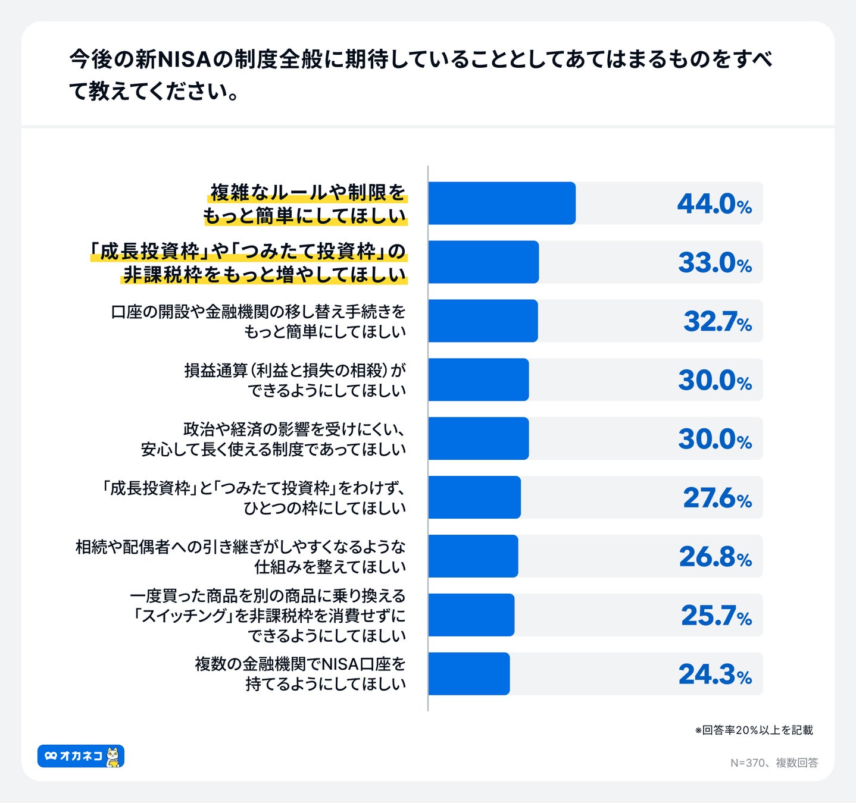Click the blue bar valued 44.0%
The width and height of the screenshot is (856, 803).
502,203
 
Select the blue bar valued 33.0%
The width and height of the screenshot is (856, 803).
483,262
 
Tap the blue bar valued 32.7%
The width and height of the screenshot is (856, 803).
483,321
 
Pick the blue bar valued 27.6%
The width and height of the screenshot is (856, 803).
474,497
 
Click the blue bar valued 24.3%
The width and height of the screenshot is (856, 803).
469,674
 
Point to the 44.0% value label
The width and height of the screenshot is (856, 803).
714,203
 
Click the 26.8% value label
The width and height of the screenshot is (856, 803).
715,557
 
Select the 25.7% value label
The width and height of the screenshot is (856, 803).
716,616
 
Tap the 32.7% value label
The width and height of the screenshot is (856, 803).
717,321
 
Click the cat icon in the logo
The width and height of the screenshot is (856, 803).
113,757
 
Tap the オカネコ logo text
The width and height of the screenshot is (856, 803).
81,756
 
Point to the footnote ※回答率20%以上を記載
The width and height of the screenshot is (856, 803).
754,730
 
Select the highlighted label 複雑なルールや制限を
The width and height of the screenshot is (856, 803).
307,193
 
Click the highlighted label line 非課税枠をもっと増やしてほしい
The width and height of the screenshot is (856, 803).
264,275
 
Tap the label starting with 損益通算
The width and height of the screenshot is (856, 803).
295,371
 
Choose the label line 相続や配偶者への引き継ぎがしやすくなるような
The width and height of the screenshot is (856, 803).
240,547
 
